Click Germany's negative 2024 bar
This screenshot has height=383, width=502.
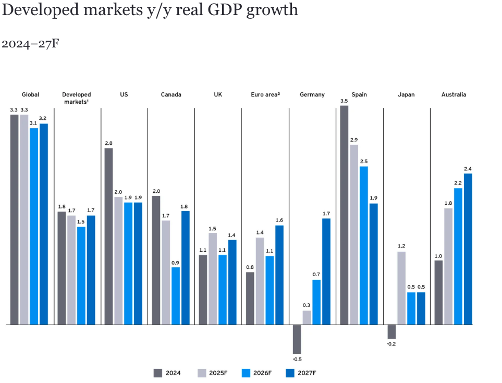297,339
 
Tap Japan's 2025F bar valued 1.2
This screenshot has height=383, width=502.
401,288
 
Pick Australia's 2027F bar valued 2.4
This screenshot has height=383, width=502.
468,249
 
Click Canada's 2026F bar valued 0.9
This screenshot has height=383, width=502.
176,295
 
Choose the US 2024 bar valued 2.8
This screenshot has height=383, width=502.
108,236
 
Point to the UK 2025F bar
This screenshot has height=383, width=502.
213,278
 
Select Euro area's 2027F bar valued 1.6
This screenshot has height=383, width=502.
279,275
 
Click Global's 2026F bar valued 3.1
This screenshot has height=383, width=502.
34,226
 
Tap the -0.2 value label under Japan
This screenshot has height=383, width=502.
391,344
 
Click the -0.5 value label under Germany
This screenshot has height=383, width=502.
297,359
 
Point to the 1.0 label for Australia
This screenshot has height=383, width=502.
438,256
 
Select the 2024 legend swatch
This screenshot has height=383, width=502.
158,373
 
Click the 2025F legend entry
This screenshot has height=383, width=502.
214,373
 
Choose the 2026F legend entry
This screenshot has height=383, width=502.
258,373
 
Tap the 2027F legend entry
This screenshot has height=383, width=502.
302,373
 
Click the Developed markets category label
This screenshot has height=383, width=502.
77,97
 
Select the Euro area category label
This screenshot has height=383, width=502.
265,94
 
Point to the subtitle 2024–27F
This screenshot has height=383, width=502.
30,43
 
